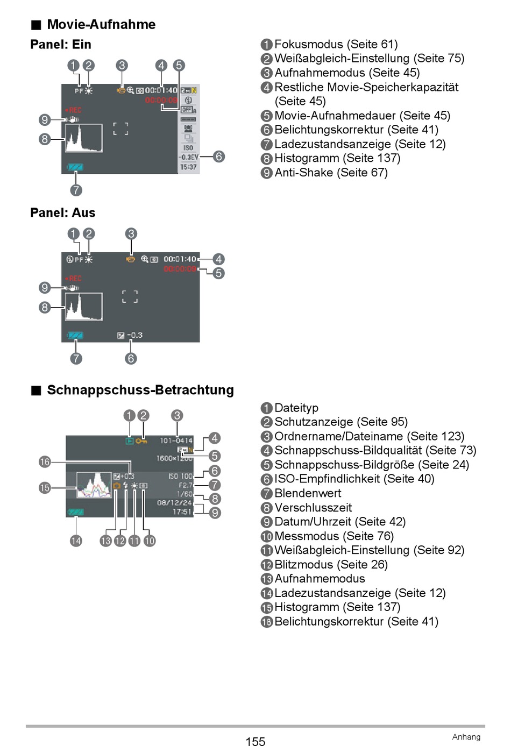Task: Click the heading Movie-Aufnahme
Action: point(101,25)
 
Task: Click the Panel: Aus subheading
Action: point(62,213)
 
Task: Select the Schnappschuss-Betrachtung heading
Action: point(140,390)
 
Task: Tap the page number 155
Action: point(255,742)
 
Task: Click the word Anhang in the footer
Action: point(466,737)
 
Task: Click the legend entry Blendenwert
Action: point(308,493)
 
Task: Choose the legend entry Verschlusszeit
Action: point(313,508)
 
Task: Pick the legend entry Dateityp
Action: point(296,408)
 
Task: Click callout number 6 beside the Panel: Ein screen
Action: point(218,157)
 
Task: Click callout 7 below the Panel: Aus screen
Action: point(76,358)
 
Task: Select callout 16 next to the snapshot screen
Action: point(45,462)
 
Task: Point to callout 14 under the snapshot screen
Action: point(76,541)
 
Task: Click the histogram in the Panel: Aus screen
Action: point(84,307)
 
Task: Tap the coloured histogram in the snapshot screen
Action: point(94,485)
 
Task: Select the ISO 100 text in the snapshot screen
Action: point(180,477)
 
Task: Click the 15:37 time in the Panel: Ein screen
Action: point(188,167)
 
